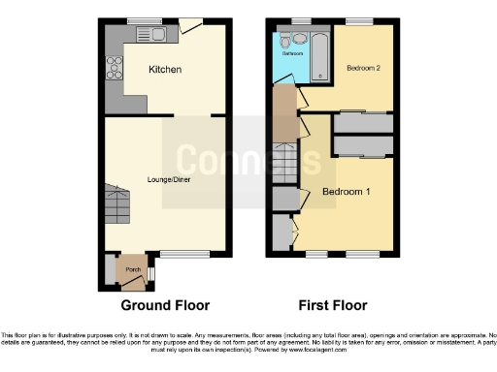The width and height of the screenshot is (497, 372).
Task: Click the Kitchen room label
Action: coord(164,70)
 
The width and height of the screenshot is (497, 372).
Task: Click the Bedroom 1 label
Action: coord(346,193)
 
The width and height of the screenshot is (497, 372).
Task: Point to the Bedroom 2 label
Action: coord(362,69)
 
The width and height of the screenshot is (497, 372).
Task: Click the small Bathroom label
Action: coord(292,54)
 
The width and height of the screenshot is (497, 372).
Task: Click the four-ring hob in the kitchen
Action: coord(115,67)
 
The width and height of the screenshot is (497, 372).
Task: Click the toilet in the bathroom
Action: coord(286,41)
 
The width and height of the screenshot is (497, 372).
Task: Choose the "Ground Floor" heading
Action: coord(164,305)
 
